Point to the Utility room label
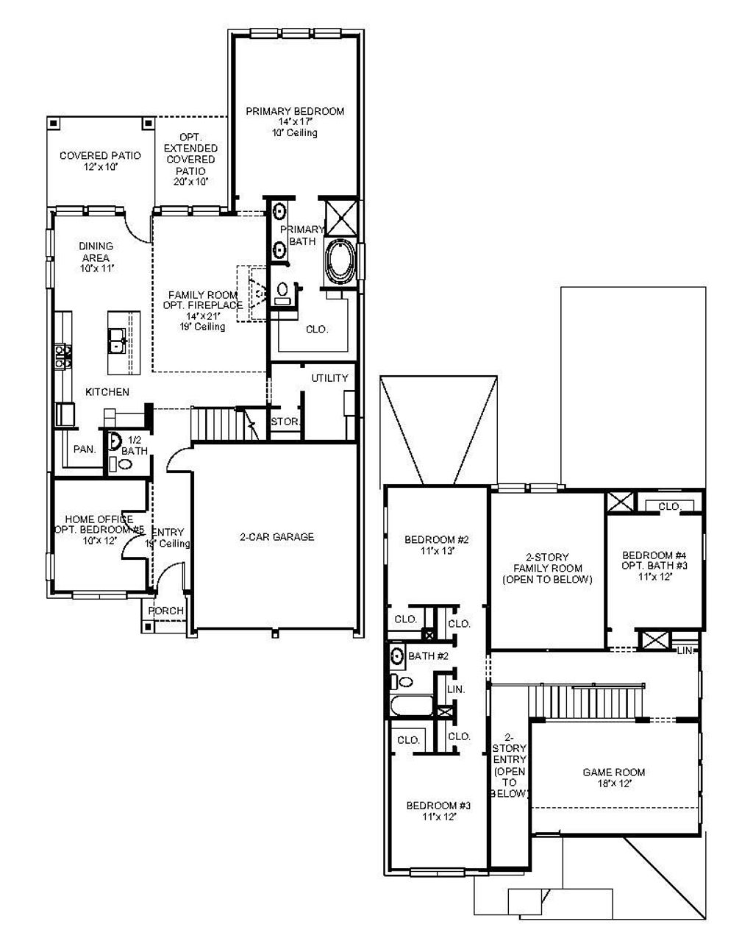(x=329, y=378)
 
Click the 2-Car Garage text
(x=276, y=537)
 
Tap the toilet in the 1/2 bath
(x=124, y=464)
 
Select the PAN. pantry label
(x=85, y=449)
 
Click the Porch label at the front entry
(x=166, y=611)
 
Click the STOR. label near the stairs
(x=285, y=422)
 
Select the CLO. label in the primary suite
(x=317, y=330)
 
